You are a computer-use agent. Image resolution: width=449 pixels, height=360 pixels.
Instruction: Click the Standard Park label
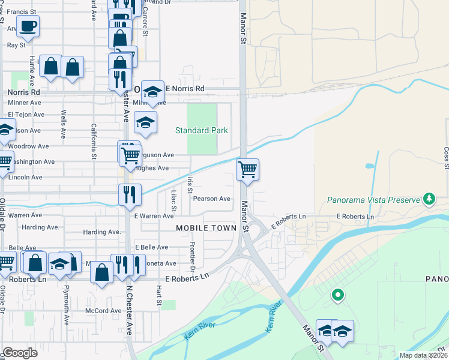[x=201, y=130]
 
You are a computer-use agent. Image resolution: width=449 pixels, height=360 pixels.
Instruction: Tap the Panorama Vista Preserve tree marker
[x=429, y=198]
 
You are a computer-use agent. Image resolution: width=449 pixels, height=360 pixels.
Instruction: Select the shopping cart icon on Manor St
[x=247, y=170]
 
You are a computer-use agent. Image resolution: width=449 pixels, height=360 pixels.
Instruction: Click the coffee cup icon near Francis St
[x=28, y=26]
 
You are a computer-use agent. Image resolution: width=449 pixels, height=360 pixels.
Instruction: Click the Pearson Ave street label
[x=211, y=199]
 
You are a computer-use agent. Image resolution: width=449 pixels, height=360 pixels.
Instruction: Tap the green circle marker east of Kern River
[x=338, y=295]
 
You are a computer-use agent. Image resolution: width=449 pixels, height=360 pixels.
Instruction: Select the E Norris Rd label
[x=184, y=89]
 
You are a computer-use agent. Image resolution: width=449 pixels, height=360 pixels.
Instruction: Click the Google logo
[x=20, y=353]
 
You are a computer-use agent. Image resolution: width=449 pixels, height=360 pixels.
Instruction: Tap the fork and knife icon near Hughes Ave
[x=130, y=194]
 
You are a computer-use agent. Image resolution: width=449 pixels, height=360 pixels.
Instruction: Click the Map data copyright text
[x=423, y=355]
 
